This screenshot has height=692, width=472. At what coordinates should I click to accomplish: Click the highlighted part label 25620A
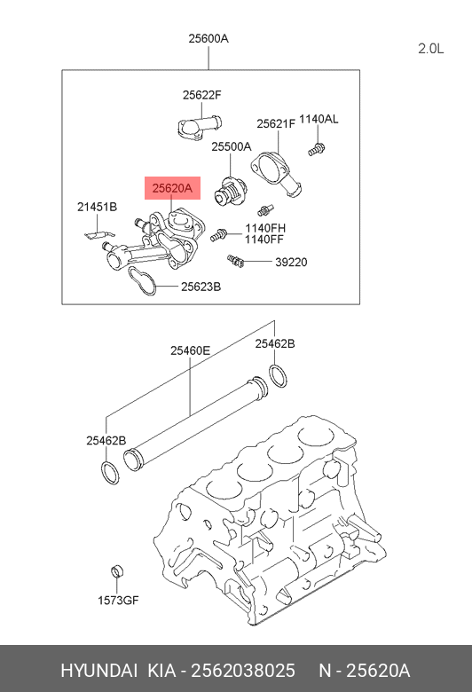(172, 188)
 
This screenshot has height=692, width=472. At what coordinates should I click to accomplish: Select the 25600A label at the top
(208, 38)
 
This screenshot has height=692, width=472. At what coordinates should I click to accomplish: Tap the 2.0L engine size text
(430, 48)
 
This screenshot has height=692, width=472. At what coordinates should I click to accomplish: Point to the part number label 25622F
(201, 94)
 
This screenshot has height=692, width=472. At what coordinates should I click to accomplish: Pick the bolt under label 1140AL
(316, 149)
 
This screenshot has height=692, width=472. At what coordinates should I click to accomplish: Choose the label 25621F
(276, 124)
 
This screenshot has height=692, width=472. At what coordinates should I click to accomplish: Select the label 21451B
(97, 207)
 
